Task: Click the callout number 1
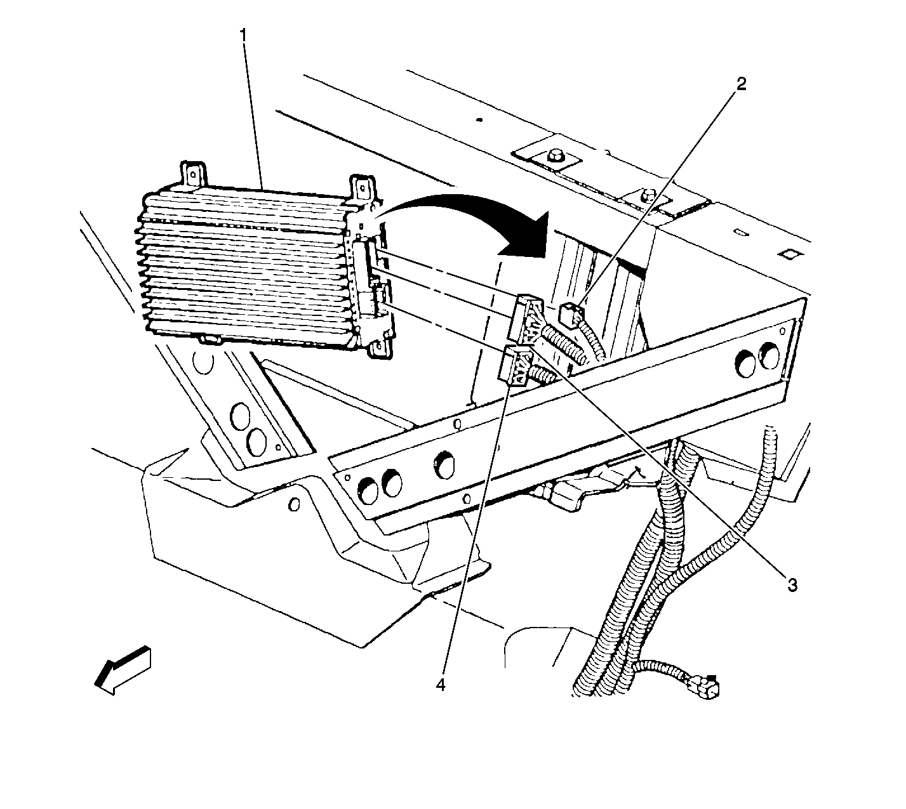click(244, 36)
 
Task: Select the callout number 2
click(742, 84)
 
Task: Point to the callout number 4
click(441, 685)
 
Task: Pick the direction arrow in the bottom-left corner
click(123, 671)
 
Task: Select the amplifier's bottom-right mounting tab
click(380, 346)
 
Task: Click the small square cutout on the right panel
click(787, 254)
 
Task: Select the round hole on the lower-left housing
click(294, 504)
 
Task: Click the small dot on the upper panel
click(479, 120)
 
